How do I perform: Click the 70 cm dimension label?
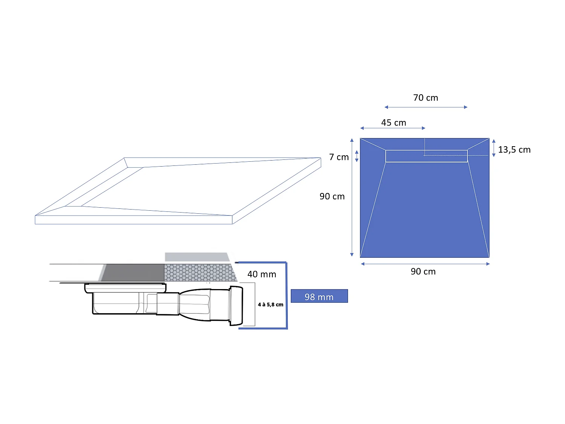[426, 98]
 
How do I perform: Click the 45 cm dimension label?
[394, 123]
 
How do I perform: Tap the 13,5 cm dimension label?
[514, 150]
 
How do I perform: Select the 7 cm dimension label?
[339, 157]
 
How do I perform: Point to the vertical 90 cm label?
[332, 196]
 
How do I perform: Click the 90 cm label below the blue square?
[423, 272]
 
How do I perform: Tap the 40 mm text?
[262, 274]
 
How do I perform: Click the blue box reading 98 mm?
[319, 296]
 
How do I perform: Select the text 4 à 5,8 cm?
[270, 305]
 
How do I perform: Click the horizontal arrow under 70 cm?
[426, 107]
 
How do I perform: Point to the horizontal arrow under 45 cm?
[393, 128]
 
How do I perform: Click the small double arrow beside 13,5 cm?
[494, 148]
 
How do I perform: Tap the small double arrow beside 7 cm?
[357, 156]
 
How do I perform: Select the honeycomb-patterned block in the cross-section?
[200, 272]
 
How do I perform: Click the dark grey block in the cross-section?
[134, 272]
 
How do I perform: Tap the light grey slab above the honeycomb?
[197, 257]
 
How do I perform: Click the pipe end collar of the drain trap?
[236, 306]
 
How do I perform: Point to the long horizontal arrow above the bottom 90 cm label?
[425, 264]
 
